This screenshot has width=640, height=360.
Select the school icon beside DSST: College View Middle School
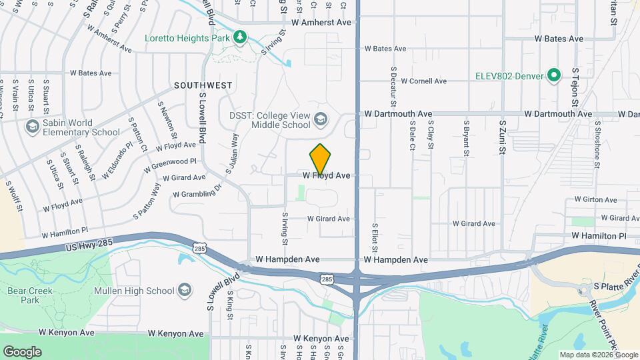coord(321,119)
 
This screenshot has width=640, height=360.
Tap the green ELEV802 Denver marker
coord(553,75)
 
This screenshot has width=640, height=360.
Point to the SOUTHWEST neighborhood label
coord(203,85)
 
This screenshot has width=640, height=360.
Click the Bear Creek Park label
coord(25,296)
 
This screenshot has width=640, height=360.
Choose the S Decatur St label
coord(394,87)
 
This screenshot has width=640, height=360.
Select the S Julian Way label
coord(232,153)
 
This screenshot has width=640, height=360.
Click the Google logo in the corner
coord(22,352)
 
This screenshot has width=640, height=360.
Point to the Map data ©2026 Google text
coord(598,355)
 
